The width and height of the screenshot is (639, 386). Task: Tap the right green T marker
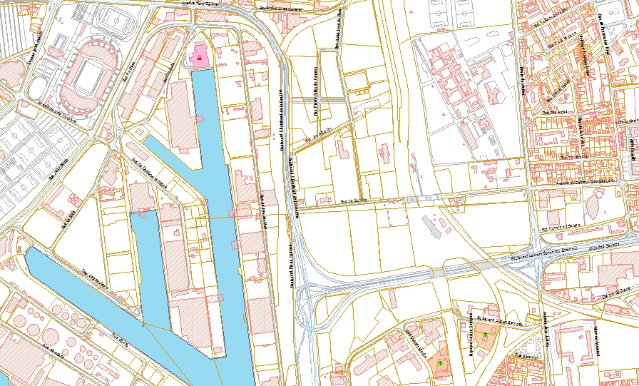(486, 334)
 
